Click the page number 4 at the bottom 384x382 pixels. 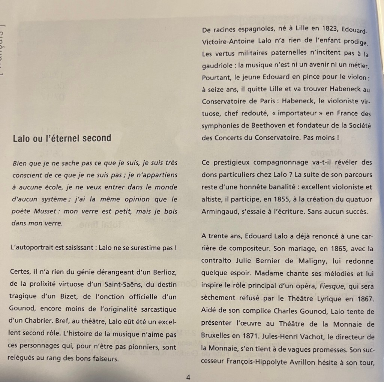pos(188,377)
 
